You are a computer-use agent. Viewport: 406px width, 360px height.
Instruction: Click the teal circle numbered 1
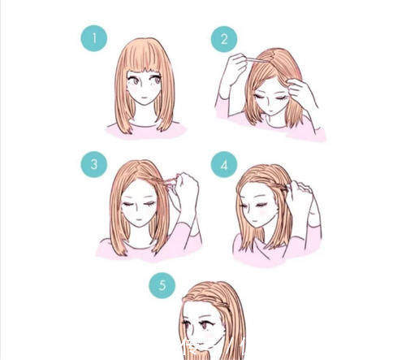(x=94, y=38)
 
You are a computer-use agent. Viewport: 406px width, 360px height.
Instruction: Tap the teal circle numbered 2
(x=224, y=39)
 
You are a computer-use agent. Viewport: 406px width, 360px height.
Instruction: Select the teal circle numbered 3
(x=94, y=164)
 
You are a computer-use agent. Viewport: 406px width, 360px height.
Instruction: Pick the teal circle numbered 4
(x=224, y=164)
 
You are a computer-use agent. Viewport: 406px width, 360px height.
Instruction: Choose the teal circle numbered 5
(x=162, y=285)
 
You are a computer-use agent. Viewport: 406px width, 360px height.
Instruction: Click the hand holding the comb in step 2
(x=235, y=67)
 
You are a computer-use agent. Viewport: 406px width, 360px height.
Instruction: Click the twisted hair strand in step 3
(x=165, y=180)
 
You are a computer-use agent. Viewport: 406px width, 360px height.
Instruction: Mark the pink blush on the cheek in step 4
(x=262, y=212)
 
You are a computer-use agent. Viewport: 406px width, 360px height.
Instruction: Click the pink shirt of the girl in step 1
(x=146, y=131)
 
